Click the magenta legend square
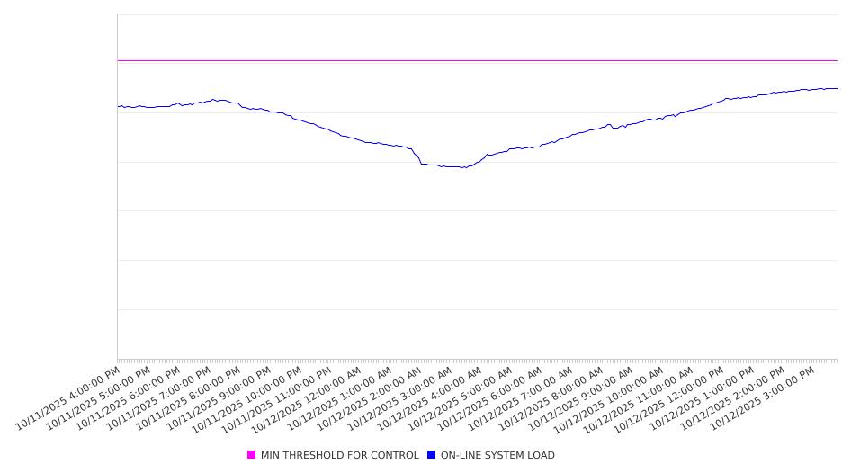coord(252,455)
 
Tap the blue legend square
coord(432,455)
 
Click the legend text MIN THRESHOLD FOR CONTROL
coord(339,455)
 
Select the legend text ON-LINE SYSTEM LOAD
coord(497,455)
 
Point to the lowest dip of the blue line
coord(463,167)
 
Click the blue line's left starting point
coord(118,106)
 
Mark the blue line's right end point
coord(837,88)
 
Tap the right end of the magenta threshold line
coord(837,60)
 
